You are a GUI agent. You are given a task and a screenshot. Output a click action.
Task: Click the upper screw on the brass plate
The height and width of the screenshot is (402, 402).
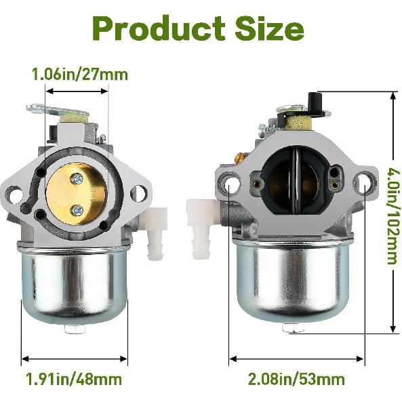coord(78,179)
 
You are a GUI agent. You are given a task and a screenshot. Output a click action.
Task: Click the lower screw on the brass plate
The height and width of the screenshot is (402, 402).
coord(78,208)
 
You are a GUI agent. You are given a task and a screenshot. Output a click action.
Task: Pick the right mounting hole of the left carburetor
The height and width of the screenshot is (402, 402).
coord(138,193)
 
